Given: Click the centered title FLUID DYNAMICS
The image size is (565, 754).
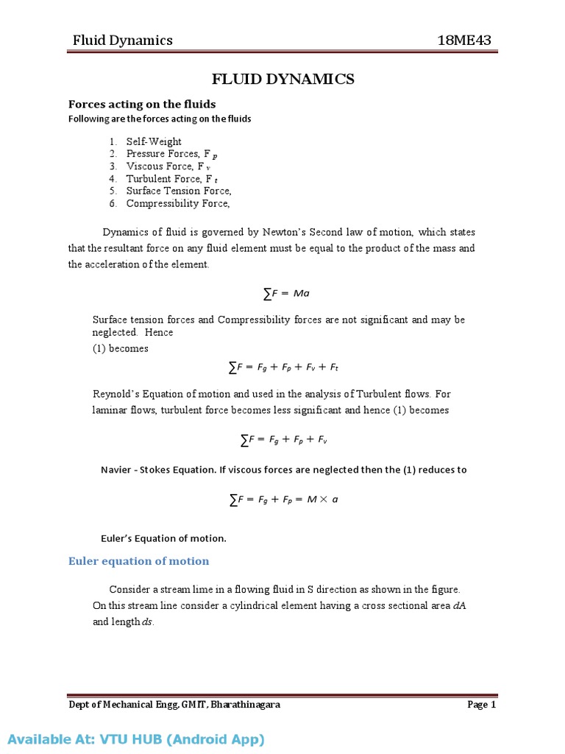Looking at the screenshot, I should click(x=283, y=80).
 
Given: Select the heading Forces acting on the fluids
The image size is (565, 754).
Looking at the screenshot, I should click(x=142, y=104).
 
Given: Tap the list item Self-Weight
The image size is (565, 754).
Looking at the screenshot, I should click(x=154, y=141).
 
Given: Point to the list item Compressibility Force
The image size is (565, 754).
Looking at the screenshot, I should click(x=178, y=203).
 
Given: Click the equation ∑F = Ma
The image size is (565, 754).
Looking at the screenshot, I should click(x=286, y=293).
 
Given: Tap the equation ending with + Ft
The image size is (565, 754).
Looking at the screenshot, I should click(x=283, y=366).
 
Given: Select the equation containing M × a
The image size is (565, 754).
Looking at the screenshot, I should click(x=283, y=500).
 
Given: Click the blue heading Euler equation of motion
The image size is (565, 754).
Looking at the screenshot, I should click(x=138, y=561).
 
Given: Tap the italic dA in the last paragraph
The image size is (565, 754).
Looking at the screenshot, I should click(x=460, y=605).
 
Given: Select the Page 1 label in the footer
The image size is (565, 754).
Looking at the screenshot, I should click(x=482, y=705).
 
